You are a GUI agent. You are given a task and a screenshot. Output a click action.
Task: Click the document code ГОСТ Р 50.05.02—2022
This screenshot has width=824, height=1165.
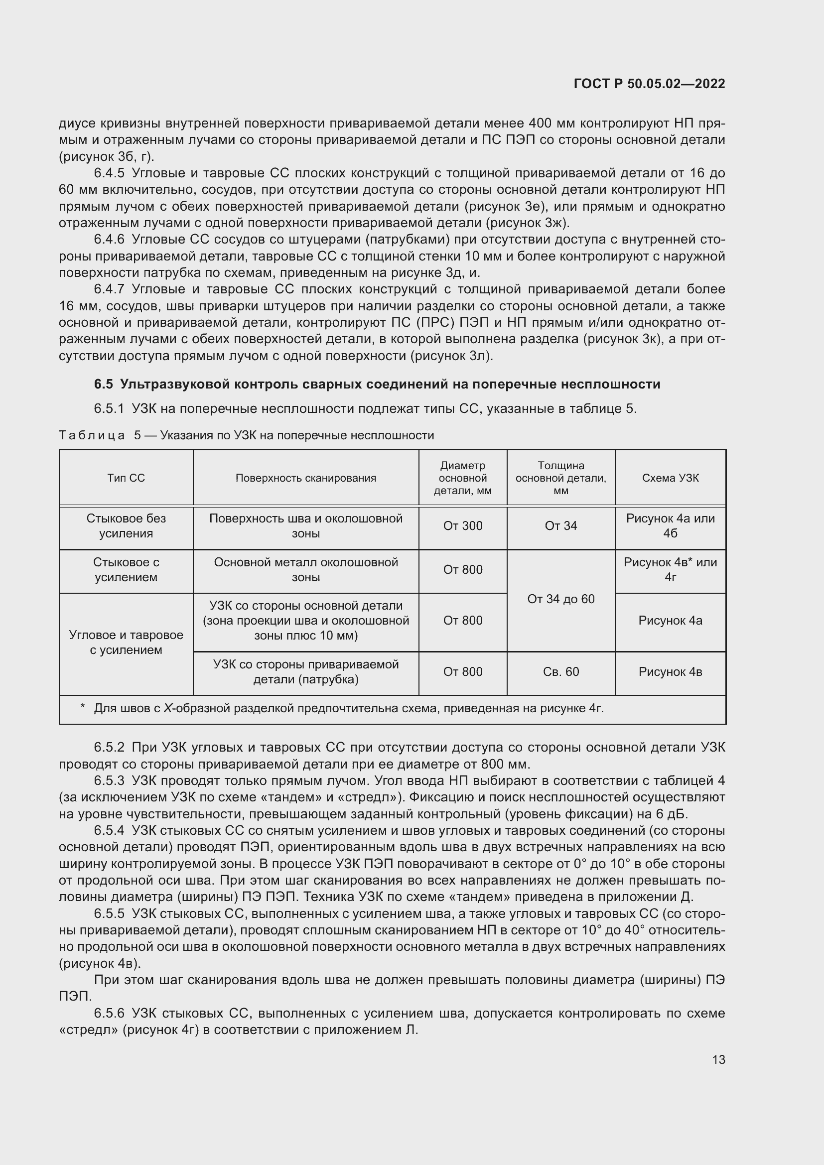pyautogui.click(x=649, y=84)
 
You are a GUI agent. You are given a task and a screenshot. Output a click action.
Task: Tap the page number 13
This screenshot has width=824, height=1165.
pyautogui.click(x=718, y=1059)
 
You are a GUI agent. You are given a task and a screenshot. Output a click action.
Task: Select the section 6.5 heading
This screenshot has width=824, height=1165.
pyautogui.click(x=377, y=384)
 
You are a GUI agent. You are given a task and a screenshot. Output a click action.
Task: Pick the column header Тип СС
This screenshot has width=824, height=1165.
pyautogui.click(x=126, y=478)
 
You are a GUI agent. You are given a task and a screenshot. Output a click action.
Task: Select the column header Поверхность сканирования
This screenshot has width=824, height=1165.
pyautogui.click(x=305, y=478)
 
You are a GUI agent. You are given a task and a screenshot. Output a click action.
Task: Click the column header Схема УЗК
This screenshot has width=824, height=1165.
pyautogui.click(x=670, y=478)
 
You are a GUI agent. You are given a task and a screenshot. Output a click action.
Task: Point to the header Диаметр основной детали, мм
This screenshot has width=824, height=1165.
pyautogui.click(x=462, y=478)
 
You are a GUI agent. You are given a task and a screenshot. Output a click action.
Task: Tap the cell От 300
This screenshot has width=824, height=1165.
pyautogui.click(x=462, y=526)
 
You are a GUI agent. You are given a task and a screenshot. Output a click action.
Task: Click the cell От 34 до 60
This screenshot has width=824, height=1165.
pyautogui.click(x=560, y=599)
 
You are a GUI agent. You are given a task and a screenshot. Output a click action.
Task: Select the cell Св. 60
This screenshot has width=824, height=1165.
pyautogui.click(x=560, y=672)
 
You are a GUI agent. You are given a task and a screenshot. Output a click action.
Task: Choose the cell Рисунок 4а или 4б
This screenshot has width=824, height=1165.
pyautogui.click(x=670, y=526)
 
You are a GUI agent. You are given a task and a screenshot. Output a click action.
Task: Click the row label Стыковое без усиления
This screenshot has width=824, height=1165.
pyautogui.click(x=126, y=526)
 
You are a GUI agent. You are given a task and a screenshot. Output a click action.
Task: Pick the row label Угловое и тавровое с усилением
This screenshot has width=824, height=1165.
pyautogui.click(x=126, y=643)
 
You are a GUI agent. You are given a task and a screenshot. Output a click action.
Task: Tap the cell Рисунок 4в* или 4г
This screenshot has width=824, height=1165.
pyautogui.click(x=670, y=570)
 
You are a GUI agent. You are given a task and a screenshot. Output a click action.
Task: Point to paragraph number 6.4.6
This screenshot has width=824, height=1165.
pyautogui.click(x=109, y=240)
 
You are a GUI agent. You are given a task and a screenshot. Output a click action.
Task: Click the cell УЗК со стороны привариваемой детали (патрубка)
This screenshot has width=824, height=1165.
pyautogui.click(x=305, y=672)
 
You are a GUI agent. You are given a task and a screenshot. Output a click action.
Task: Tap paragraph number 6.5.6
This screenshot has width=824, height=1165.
pyautogui.click(x=109, y=1014)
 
